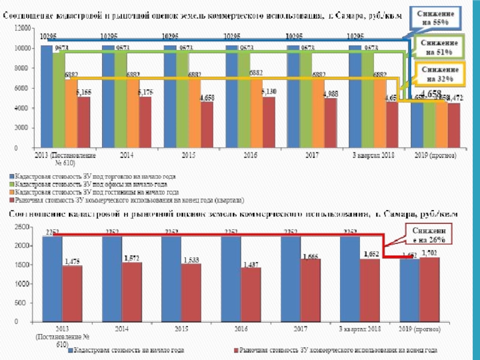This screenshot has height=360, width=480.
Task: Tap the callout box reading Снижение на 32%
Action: tap(439, 74)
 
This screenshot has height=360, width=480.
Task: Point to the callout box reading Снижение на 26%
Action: tap(430, 235)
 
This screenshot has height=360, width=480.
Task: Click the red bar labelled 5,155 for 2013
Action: tap(83, 122)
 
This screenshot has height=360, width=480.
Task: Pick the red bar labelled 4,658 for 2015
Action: tap(206, 127)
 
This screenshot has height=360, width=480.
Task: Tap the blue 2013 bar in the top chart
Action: tap(46, 96)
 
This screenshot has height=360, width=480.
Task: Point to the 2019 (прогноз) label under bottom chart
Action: tap(419, 329)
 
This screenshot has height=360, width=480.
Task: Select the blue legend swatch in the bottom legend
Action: tap(70, 349)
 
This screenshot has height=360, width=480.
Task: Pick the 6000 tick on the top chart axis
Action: tap(23, 88)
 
